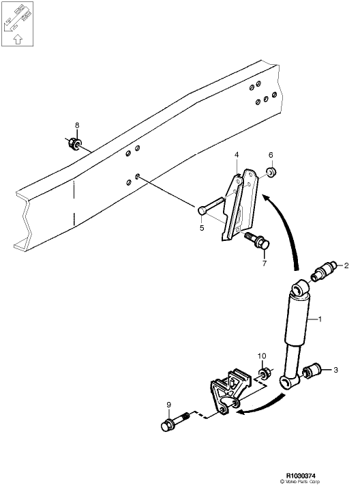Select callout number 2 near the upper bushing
(346, 265)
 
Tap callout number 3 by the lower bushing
(335, 370)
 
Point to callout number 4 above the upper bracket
(237, 156)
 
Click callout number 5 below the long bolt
(202, 228)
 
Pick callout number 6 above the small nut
(270, 155)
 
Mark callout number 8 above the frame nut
(77, 126)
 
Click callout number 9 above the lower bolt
(168, 405)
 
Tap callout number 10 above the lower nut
(261, 356)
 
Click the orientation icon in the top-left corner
(17, 24)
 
